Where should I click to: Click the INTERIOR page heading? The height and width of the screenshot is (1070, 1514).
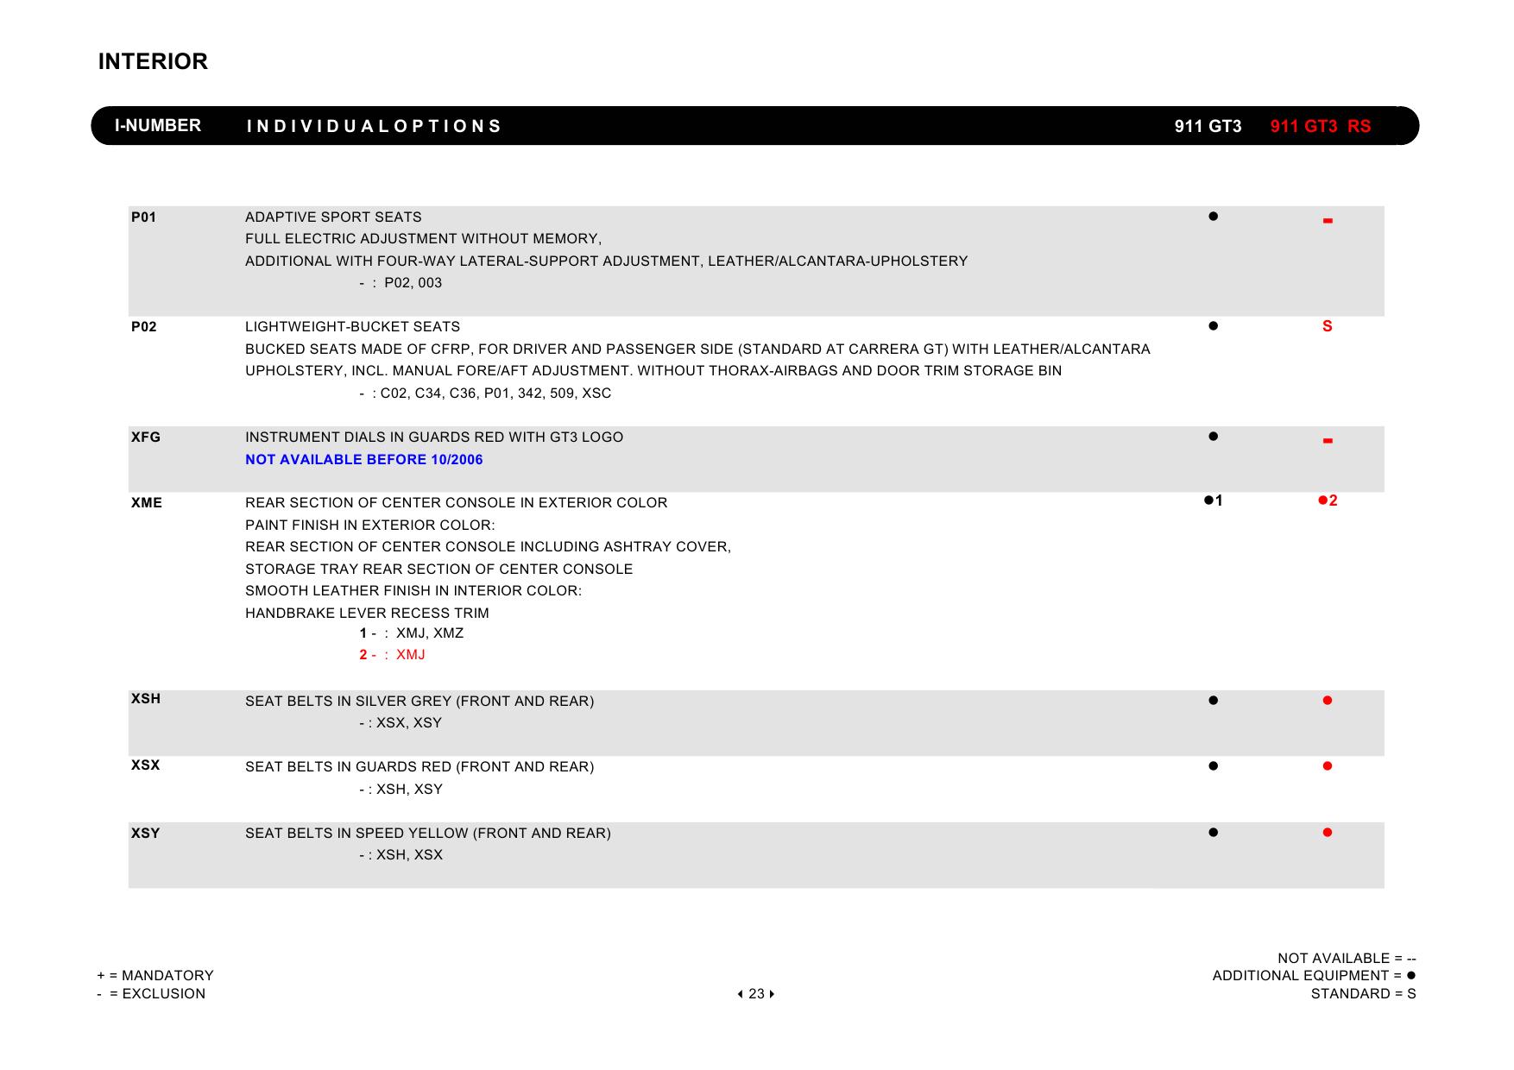click(153, 62)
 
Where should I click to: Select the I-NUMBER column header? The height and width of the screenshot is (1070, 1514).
click(158, 126)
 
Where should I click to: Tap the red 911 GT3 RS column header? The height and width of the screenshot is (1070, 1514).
click(1320, 127)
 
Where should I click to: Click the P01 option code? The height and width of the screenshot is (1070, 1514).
click(144, 217)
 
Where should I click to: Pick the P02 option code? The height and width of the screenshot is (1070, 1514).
click(144, 327)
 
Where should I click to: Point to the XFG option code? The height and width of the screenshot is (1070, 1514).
click(146, 437)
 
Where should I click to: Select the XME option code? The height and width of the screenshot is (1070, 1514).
click(147, 503)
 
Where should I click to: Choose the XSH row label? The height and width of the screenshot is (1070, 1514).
click(146, 699)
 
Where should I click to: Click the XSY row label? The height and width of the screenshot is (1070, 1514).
click(146, 834)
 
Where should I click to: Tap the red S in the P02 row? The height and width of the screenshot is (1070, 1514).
click(1328, 326)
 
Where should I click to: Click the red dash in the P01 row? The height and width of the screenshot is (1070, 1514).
click(1328, 222)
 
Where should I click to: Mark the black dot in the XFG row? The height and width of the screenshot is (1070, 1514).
click(1214, 437)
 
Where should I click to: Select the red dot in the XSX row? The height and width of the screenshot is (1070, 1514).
click(1328, 766)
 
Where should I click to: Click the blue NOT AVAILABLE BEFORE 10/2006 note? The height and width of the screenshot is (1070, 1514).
click(364, 460)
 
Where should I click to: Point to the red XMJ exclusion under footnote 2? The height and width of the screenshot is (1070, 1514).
click(411, 655)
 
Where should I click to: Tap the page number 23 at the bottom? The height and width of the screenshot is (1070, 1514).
click(756, 994)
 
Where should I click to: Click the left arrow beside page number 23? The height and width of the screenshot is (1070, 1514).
click(741, 994)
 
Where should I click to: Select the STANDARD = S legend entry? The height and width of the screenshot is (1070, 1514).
click(1363, 994)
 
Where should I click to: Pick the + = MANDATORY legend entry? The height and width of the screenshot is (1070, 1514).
click(155, 976)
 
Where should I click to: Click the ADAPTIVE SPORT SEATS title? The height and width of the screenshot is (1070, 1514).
click(333, 217)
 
